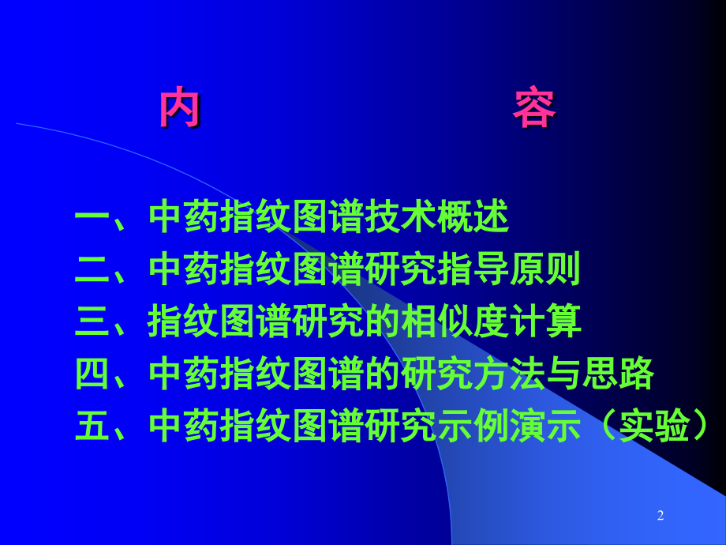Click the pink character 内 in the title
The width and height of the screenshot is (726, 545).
(x=180, y=107)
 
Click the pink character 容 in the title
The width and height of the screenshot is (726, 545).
(x=534, y=107)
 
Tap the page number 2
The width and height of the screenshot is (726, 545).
(x=661, y=515)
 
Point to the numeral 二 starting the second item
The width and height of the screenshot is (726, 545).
(x=92, y=269)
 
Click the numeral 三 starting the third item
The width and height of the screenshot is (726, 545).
(x=92, y=321)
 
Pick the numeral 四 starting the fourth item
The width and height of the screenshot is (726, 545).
(x=92, y=374)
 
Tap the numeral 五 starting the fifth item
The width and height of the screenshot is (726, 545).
(x=92, y=426)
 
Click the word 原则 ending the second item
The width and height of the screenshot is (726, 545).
(x=545, y=269)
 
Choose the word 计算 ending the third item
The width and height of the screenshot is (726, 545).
(x=545, y=321)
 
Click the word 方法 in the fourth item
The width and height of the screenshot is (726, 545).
(x=509, y=374)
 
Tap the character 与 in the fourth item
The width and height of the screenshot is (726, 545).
(x=563, y=374)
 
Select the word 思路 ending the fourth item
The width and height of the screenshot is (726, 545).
(x=618, y=374)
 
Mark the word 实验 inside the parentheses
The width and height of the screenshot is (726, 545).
(x=653, y=426)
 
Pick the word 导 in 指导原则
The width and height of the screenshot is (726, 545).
(x=492, y=269)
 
